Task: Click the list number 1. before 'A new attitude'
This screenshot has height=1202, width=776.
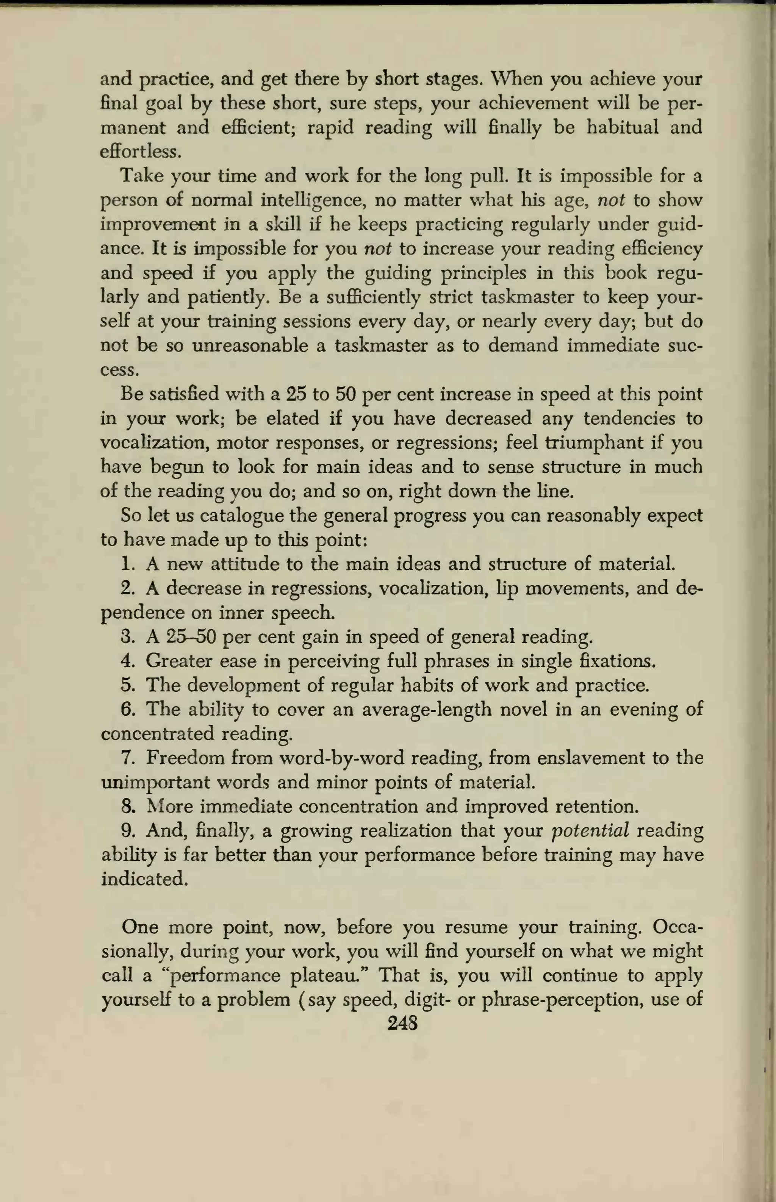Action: click(128, 564)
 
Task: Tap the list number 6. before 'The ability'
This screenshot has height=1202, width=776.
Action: click(128, 709)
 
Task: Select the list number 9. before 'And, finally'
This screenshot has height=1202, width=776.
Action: click(128, 831)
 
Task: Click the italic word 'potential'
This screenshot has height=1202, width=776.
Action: click(590, 831)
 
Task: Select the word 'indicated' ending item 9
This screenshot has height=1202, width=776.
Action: click(145, 879)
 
